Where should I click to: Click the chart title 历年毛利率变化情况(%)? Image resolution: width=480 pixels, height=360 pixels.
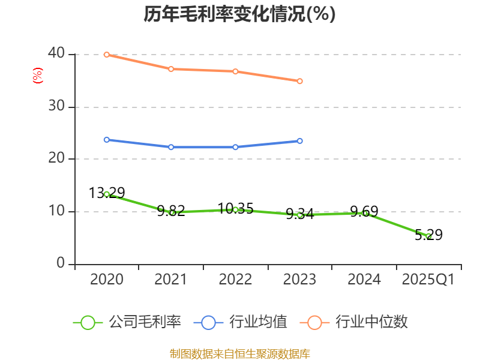pyautogui.click(x=239, y=14)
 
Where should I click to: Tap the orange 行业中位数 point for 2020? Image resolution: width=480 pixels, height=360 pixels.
pyautogui.click(x=107, y=55)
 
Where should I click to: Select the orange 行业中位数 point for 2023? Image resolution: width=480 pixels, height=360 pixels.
pyautogui.click(x=300, y=81)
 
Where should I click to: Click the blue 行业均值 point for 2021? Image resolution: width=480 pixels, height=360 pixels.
pyautogui.click(x=171, y=147)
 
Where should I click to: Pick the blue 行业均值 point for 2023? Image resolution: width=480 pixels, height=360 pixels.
pyautogui.click(x=300, y=141)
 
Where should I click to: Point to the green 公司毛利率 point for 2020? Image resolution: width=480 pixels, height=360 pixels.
pyautogui.click(x=107, y=194)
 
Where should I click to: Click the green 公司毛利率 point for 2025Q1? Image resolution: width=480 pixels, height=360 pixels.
pyautogui.click(x=428, y=236)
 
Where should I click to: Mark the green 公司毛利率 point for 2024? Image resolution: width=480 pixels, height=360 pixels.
pyautogui.click(x=364, y=213)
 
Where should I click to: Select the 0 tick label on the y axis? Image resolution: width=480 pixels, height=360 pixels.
pyautogui.click(x=61, y=264)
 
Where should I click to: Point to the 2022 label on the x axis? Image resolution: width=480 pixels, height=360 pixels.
pyautogui.click(x=235, y=280)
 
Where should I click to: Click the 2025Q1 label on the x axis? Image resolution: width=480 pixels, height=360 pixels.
pyautogui.click(x=428, y=280)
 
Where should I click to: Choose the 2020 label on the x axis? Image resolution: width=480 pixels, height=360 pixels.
pyautogui.click(x=107, y=280)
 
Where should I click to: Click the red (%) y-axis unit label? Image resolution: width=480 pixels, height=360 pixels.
pyautogui.click(x=38, y=76)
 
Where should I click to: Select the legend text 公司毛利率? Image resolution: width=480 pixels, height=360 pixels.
pyautogui.click(x=145, y=322)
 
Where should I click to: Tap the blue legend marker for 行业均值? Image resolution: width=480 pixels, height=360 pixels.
pyautogui.click(x=208, y=322)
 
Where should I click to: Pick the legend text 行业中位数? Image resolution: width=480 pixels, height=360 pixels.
pyautogui.click(x=371, y=322)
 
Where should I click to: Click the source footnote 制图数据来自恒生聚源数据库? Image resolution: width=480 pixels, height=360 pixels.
pyautogui.click(x=239, y=353)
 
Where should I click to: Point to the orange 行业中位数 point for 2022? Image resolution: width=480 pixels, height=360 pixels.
pyautogui.click(x=235, y=71)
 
